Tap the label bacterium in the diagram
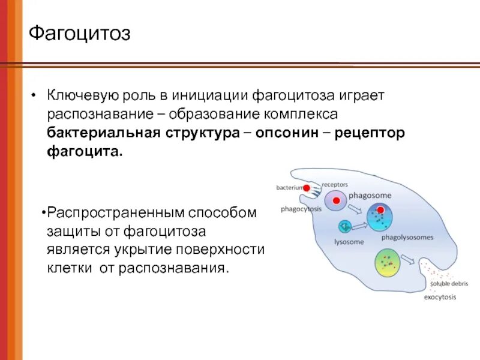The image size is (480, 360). tap(289, 188)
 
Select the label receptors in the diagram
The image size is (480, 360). tap(335, 185)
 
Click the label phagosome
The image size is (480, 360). tap(370, 196)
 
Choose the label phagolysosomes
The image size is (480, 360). tap(407, 238)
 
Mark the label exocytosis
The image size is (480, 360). tap(440, 297)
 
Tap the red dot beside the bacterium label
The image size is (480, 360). tap(307, 188)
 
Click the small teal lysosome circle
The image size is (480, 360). tap(344, 226)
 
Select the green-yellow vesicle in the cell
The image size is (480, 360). tap(387, 265)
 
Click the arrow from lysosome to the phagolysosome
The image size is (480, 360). tap(360, 226)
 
